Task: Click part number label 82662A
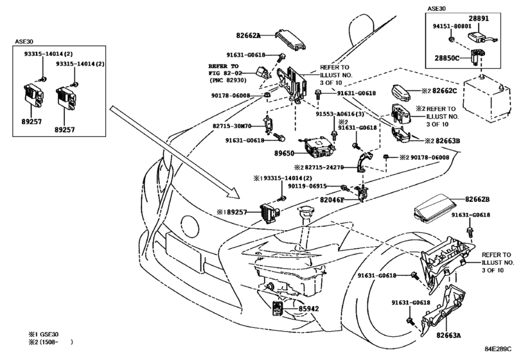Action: tap(248, 35)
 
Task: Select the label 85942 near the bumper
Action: tap(308, 309)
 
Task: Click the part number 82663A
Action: tap(449, 336)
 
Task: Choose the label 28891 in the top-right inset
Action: tap(479, 18)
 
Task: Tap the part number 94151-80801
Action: tap(452, 26)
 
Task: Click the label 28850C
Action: tap(447, 58)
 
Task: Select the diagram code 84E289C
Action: tap(498, 349)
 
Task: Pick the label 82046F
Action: tap(332, 200)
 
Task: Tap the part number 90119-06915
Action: tap(307, 186)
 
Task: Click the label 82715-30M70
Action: tap(232, 126)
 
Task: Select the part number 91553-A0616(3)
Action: tap(340, 114)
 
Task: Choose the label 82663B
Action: tap(448, 141)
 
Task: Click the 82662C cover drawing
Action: tap(401, 93)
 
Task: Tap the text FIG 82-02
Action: tap(224, 73)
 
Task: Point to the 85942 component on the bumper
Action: tap(278, 308)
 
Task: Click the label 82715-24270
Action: tap(324, 167)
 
